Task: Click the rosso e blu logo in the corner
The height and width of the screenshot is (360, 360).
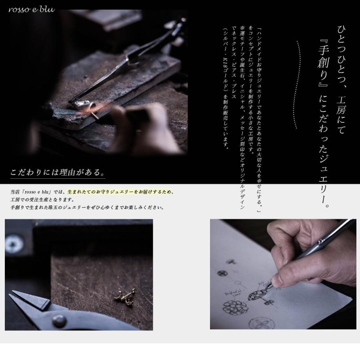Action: point(32,9)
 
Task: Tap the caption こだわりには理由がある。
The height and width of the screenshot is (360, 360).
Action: point(58,173)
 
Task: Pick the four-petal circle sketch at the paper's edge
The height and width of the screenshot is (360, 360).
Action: point(260,323)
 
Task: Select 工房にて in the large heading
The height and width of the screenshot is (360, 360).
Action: point(341,114)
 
